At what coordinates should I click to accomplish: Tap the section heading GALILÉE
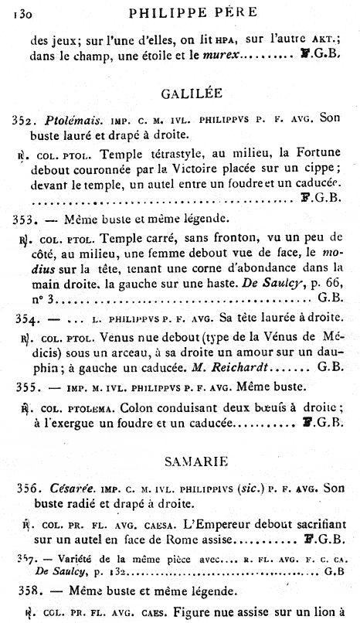tap(192, 94)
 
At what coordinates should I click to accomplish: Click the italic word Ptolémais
tap(69, 121)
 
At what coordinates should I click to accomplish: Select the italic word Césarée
tap(66, 488)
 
